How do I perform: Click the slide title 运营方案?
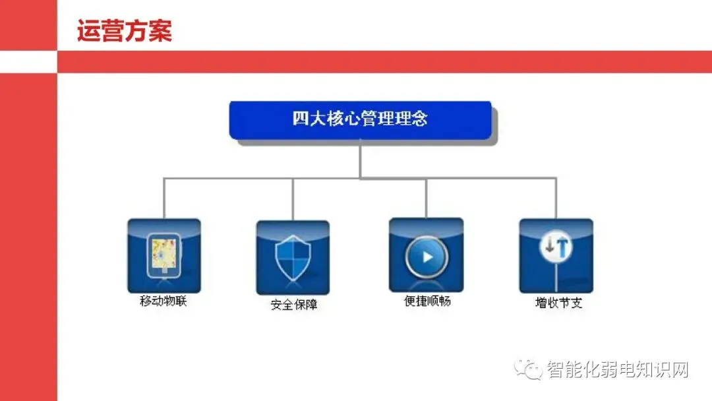click(x=125, y=31)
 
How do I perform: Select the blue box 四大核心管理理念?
click(x=360, y=120)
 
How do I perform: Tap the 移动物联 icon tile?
click(x=163, y=256)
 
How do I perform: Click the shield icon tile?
click(x=292, y=257)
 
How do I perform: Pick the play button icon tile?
click(x=426, y=255)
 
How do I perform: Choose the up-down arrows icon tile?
click(x=556, y=256)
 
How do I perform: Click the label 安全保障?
click(x=293, y=305)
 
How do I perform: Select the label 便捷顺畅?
click(x=427, y=301)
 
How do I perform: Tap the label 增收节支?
click(x=558, y=303)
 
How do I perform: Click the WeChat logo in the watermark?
click(x=529, y=369)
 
